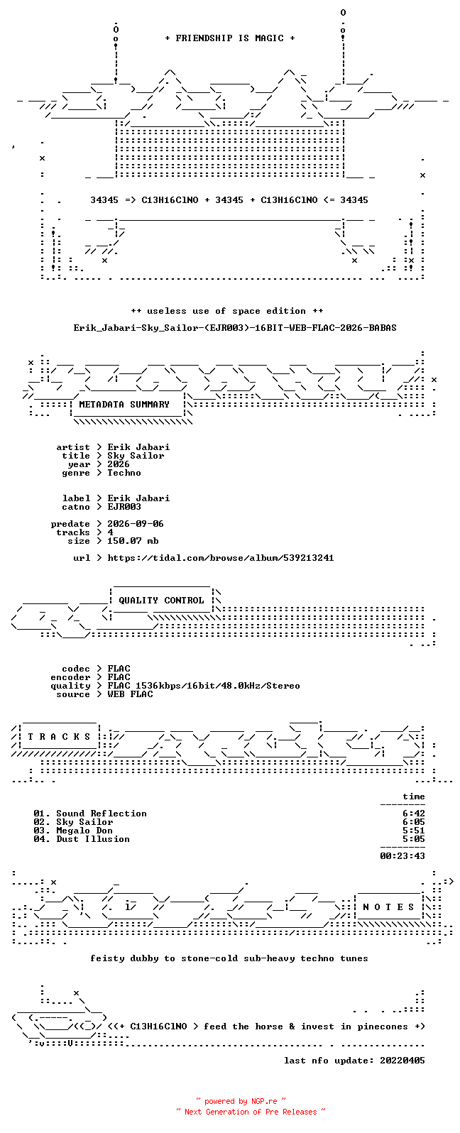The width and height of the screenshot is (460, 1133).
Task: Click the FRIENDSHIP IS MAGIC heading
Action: pyautogui.click(x=230, y=38)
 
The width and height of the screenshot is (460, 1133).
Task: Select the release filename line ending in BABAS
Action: pyautogui.click(x=235, y=328)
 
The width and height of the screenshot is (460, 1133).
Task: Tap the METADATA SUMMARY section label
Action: pyautogui.click(x=124, y=405)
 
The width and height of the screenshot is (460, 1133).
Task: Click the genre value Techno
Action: pyautogui.click(x=124, y=473)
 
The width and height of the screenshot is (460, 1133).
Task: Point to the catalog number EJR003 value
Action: pyautogui.click(x=124, y=507)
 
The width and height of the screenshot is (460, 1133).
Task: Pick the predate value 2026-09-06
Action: pyautogui.click(x=136, y=524)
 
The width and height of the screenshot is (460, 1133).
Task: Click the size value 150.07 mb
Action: pyautogui.click(x=133, y=541)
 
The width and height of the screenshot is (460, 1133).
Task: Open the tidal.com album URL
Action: pyautogui.click(x=221, y=558)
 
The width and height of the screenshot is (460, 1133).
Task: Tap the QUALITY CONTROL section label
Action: pyautogui.click(x=161, y=601)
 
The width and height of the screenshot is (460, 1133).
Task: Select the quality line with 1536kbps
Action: pyautogui.click(x=204, y=686)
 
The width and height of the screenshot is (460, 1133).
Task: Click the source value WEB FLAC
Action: pyautogui.click(x=130, y=694)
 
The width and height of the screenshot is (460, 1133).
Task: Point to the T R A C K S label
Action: pyautogui.click(x=59, y=737)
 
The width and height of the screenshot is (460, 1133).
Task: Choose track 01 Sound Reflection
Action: pyautogui.click(x=90, y=814)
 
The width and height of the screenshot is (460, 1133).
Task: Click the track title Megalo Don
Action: pyautogui.click(x=84, y=831)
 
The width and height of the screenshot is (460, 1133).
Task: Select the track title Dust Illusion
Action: pyautogui.click(x=93, y=839)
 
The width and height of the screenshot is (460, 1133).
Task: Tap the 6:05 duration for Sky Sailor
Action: pyautogui.click(x=414, y=822)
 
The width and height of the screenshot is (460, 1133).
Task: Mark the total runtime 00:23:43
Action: pyautogui.click(x=402, y=856)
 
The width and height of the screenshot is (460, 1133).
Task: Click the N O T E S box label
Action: pyautogui.click(x=388, y=907)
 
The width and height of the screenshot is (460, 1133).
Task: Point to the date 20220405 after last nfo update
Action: pyautogui.click(x=402, y=1061)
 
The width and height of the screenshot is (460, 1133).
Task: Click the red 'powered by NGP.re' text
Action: pyautogui.click(x=241, y=1101)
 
